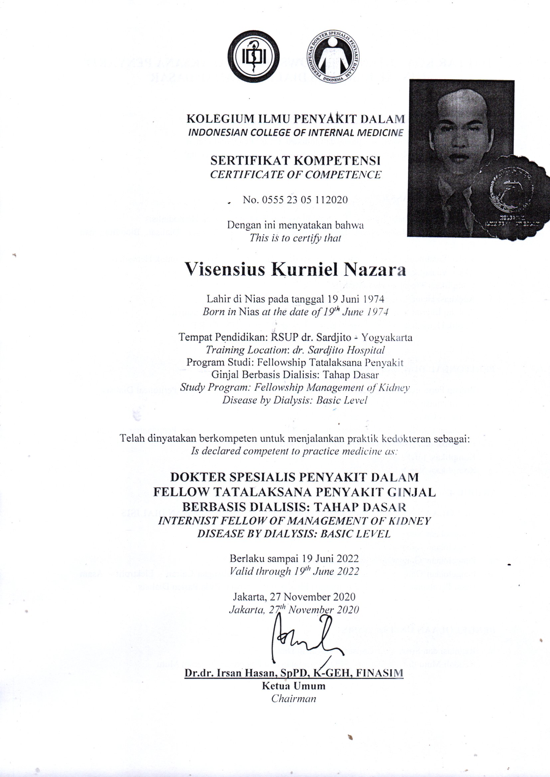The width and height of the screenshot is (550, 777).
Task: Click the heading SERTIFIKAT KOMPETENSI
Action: coord(295,160)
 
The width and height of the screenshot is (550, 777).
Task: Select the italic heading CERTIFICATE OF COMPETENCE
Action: coord(295,174)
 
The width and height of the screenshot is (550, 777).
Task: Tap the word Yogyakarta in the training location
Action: coord(386,337)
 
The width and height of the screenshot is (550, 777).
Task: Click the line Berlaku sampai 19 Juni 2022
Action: coord(294,558)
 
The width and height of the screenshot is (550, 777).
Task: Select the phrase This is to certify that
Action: coord(295,238)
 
